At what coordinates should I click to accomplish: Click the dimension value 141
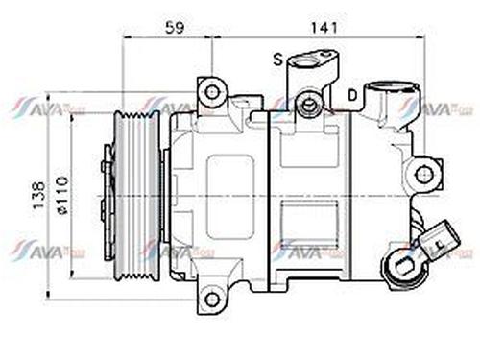coord(325,29)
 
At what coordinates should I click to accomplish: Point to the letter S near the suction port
coord(276,60)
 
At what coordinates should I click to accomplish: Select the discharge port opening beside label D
coord(391,97)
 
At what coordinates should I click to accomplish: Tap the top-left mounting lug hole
coord(211,93)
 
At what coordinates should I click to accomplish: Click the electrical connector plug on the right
coord(440,236)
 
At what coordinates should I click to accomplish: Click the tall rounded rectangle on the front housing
coord(229,197)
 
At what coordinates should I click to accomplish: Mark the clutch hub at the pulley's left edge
coord(108,197)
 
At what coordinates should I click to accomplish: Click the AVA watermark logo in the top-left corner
coord(48,108)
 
